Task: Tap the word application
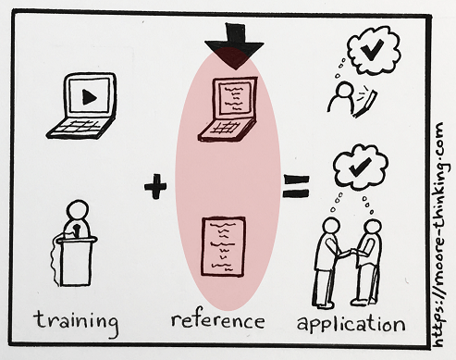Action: coord(351,323)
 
